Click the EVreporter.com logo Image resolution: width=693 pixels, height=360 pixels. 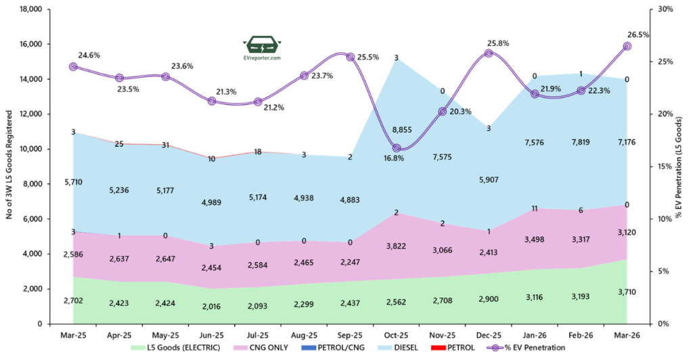tap(263, 47)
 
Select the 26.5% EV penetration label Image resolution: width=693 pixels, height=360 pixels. tap(638, 35)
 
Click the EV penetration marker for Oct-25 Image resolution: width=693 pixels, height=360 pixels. tap(396, 148)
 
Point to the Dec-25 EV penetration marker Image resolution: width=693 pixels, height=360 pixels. tap(489, 53)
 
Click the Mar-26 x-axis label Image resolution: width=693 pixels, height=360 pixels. tap(627, 334)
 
